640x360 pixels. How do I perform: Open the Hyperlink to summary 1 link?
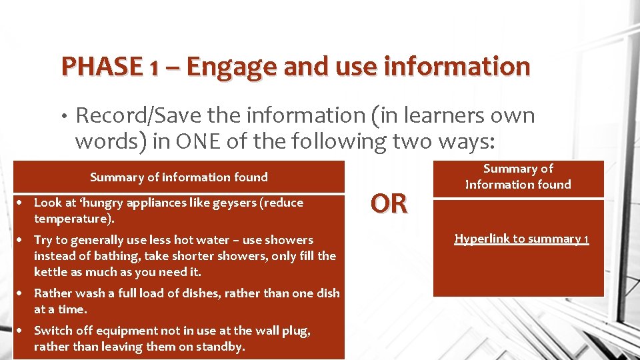coord(521,239)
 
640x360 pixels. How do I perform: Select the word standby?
coord(221,347)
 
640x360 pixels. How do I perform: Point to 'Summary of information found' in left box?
coord(179,177)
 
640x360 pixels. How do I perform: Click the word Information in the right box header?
coord(497,185)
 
